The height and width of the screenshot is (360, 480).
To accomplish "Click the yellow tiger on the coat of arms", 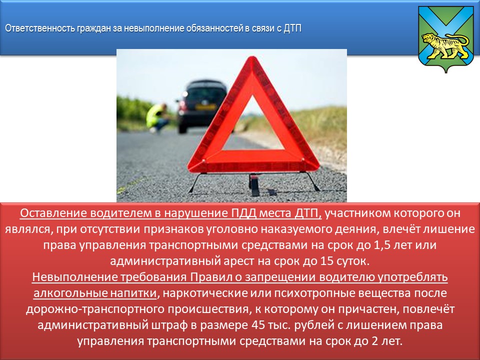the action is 445,45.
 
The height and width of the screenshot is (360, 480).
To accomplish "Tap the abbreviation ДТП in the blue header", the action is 292,28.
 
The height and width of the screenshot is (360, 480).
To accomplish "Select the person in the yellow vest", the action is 157,118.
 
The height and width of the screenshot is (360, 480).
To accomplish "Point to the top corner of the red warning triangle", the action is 252,56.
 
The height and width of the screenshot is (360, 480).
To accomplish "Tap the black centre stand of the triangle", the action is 254,184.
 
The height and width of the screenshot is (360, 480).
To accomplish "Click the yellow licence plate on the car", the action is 205,107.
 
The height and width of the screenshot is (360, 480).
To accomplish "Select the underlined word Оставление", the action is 53,213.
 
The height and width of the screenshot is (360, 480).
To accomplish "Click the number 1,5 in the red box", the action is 382,245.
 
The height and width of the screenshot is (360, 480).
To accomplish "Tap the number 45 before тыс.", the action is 258,325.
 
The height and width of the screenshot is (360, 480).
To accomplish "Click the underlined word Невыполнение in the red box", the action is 74,277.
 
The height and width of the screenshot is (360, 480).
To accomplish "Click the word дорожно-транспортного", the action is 95,309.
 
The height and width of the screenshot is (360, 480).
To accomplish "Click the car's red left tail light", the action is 183,105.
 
